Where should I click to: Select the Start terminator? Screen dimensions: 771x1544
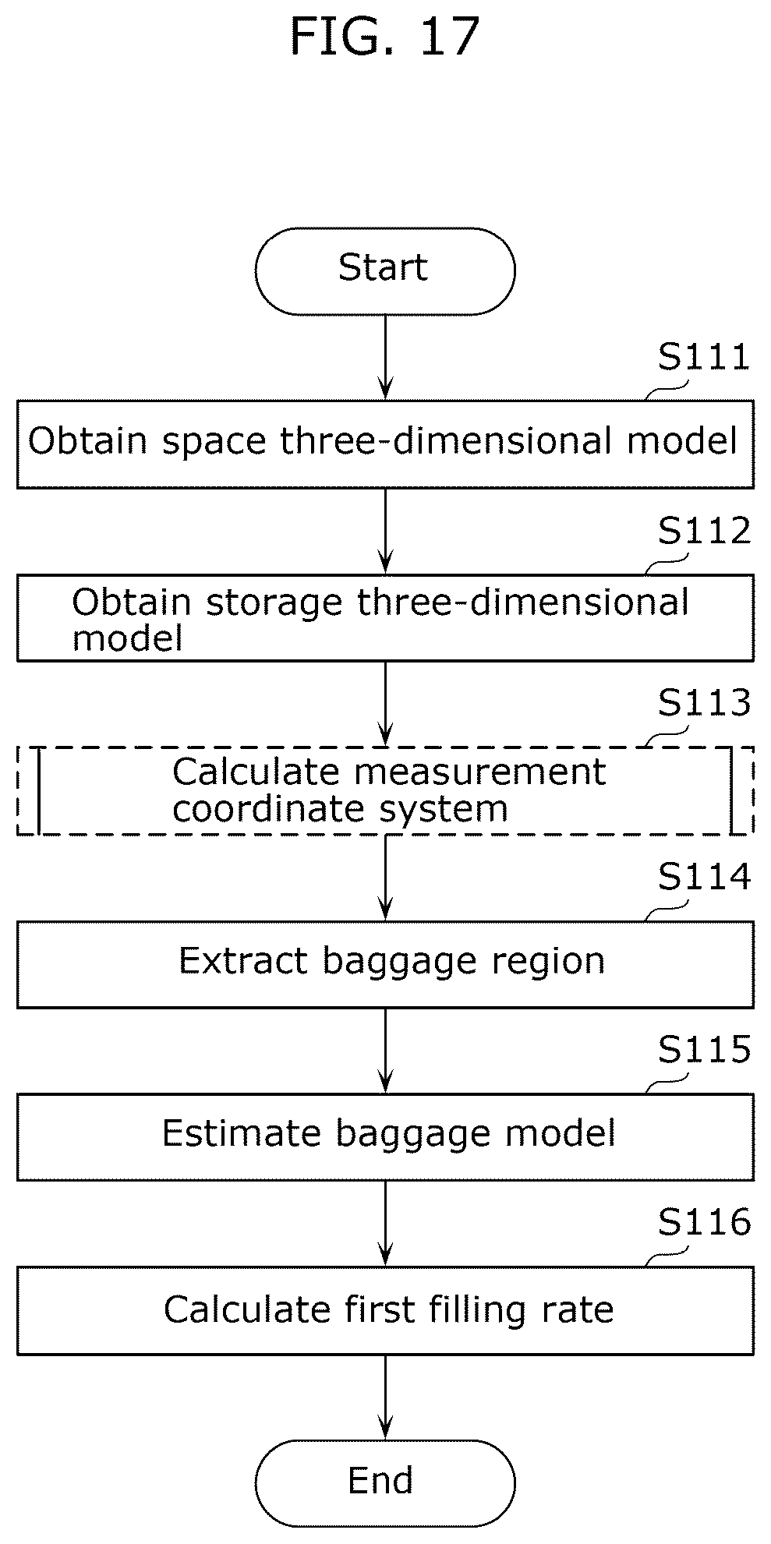(385, 271)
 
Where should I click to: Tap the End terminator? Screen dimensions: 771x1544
(385, 1482)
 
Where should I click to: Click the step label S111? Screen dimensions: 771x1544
(704, 357)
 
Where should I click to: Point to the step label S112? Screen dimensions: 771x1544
(704, 532)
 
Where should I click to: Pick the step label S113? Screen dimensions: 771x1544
(704, 703)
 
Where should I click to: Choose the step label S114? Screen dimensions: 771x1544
(704, 877)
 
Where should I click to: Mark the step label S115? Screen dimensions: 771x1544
(704, 1050)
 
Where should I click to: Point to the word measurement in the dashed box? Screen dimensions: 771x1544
(479, 772)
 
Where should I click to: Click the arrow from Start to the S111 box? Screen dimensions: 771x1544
(385, 358)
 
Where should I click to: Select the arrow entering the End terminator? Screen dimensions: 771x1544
(385, 1397)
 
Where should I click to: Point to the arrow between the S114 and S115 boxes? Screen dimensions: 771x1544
(385, 1051)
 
